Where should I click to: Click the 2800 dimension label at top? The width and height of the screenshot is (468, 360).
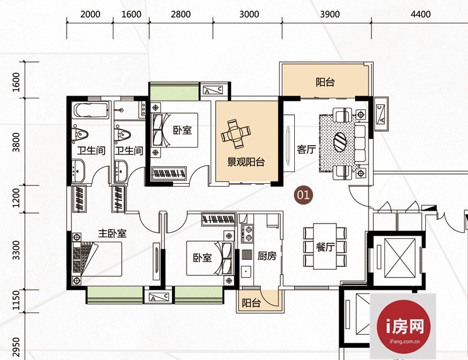tap(181, 14)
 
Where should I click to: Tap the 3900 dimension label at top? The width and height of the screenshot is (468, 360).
tap(330, 14)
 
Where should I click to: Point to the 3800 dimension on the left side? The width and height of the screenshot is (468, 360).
tap(16, 142)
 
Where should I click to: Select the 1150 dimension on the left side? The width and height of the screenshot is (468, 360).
tap(16, 300)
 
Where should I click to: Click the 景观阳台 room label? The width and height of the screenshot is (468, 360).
tap(246, 162)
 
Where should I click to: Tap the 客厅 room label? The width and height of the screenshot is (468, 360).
tap(306, 149)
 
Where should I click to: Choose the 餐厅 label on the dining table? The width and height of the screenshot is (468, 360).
tap(325, 247)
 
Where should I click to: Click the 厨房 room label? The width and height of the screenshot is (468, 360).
tap(267, 256)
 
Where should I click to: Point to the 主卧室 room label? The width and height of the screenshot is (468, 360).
tap(112, 234)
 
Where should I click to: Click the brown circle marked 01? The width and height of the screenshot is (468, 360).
tap(303, 195)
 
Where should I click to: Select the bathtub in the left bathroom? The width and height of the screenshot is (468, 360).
tap(91, 110)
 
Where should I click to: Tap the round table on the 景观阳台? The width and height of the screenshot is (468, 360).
tap(236, 134)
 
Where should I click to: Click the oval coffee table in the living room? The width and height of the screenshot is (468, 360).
tap(340, 142)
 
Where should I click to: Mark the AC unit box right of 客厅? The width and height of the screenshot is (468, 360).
tap(381, 114)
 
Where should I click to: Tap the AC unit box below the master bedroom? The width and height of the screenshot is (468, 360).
tap(159, 297)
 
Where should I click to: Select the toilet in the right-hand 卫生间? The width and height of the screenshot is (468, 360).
tap(123, 135)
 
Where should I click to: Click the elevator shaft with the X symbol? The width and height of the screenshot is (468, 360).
tap(400, 258)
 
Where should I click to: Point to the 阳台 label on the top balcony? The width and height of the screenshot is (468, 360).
tap(325, 82)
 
